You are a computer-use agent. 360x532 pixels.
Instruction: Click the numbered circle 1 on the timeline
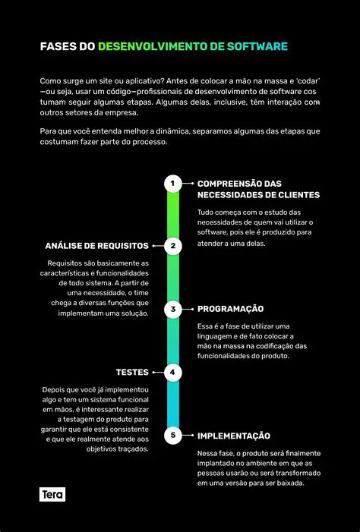pos(173,183)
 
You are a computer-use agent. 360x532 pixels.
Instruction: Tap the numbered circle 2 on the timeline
pos(173,246)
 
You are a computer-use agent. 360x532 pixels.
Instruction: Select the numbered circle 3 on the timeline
pos(173,309)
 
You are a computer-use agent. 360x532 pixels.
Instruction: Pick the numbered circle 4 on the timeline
pos(173,373)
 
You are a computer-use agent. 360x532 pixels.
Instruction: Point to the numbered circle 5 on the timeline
pos(173,436)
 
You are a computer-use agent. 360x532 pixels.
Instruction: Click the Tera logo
pos(52,495)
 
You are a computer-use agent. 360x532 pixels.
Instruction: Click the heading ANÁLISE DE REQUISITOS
pos(96,246)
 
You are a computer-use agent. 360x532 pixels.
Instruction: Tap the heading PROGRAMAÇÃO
pos(230,309)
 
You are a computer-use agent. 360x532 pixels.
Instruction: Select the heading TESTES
pos(132,373)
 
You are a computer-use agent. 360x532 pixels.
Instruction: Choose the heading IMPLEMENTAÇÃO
pos(234,436)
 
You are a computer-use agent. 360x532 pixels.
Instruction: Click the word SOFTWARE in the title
pos(259,47)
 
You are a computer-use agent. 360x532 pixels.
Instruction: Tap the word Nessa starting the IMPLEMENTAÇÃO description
pos(210,453)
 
